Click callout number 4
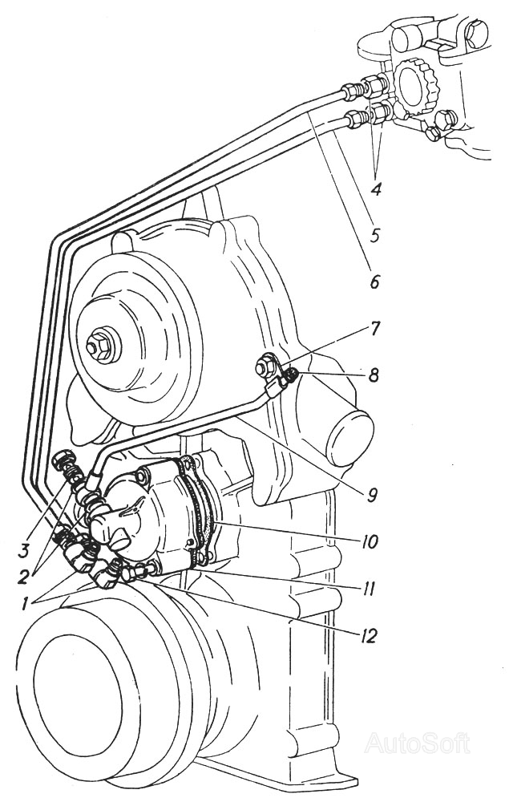pos(375,190)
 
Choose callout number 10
pos(368,541)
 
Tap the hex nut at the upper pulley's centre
pos(100,347)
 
